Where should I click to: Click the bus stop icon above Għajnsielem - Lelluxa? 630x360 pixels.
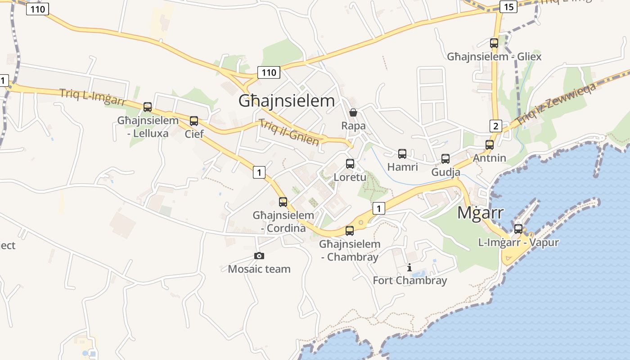(x=148, y=107)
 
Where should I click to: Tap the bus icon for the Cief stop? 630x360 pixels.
(x=194, y=121)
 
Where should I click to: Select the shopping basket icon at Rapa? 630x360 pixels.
(x=353, y=112)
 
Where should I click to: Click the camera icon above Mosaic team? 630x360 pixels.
(x=259, y=256)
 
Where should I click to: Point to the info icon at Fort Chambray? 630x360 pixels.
(x=409, y=268)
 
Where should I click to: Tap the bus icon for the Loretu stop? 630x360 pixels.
(x=350, y=164)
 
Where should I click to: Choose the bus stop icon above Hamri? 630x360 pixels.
(x=402, y=154)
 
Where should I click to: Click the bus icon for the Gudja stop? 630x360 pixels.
(x=445, y=159)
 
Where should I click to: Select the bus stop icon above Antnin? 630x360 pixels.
(x=490, y=145)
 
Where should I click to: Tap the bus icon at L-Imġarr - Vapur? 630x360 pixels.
(x=518, y=229)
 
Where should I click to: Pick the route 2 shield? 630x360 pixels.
(x=496, y=126)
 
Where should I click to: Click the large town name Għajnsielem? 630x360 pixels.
(x=287, y=101)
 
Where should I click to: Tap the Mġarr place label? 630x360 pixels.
(x=480, y=213)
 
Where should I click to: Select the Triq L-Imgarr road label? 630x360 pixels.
(x=92, y=97)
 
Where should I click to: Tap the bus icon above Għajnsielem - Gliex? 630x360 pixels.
(x=494, y=43)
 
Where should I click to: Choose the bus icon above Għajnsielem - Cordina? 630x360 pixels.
(x=283, y=202)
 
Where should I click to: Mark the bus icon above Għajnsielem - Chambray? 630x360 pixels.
(x=350, y=231)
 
